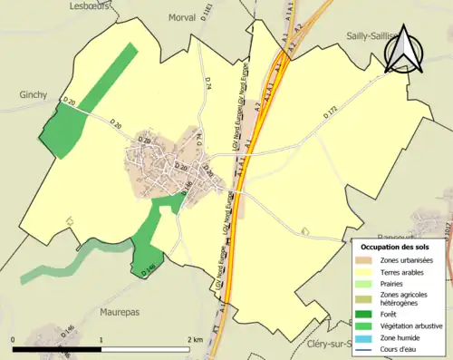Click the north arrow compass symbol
[402, 50]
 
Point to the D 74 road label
[207, 84]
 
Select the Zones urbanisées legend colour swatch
[366, 260]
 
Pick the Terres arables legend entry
[404, 272]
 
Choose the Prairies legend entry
[395, 284]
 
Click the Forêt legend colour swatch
[366, 317]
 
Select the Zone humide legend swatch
[366, 341]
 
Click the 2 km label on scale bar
[194, 339]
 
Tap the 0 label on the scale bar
[14, 339]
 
